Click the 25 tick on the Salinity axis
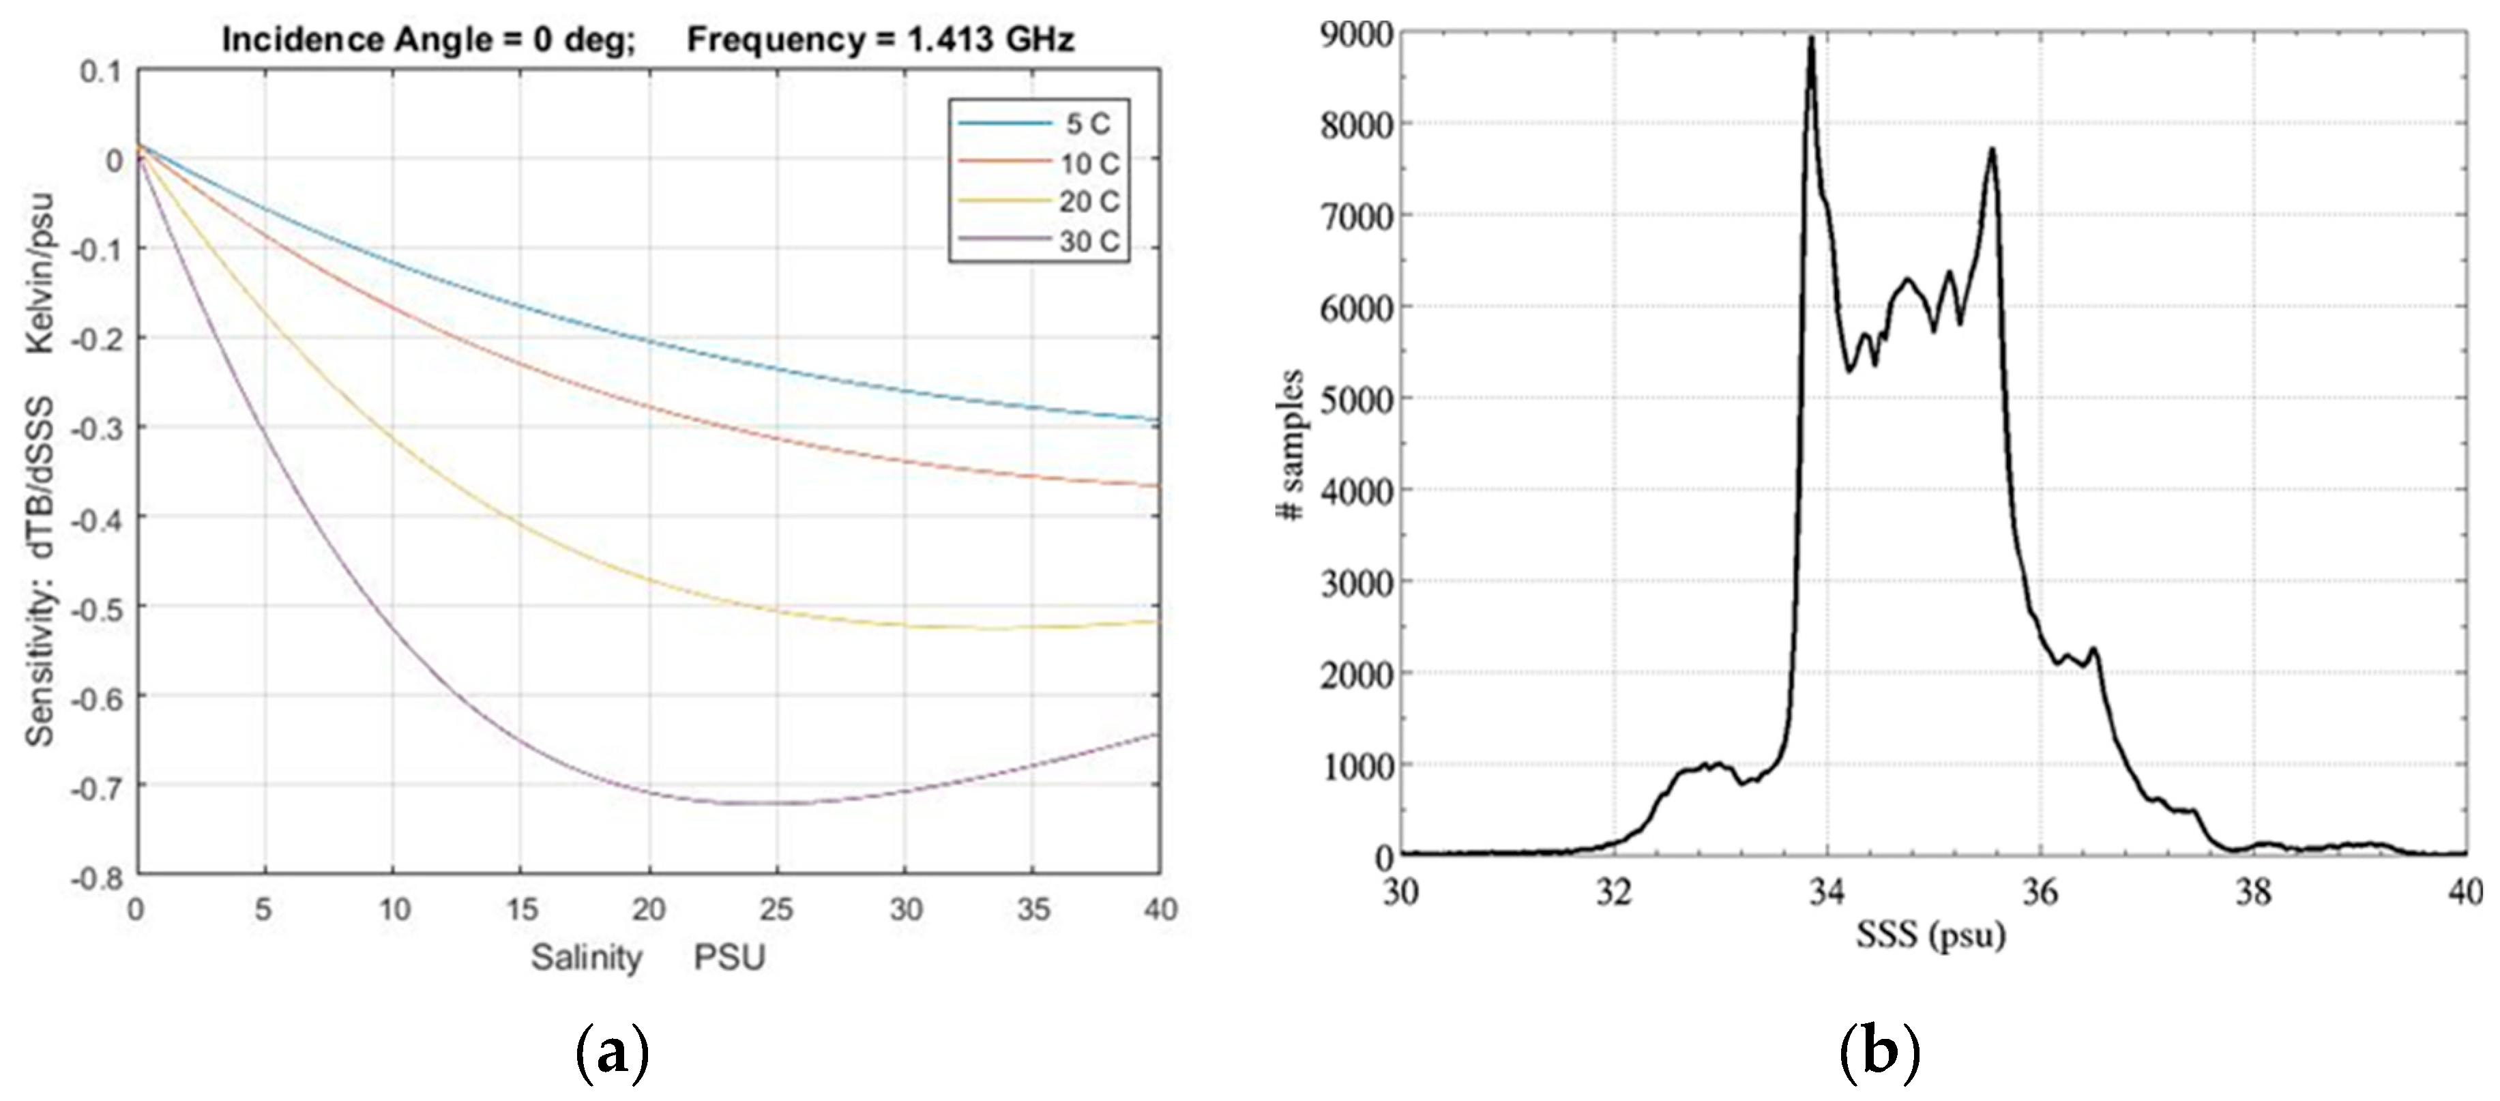pos(776,910)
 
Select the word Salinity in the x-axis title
pos(586,958)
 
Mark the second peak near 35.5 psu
pos(1991,151)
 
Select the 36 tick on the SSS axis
pos(2040,892)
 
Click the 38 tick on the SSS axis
pos(2254,892)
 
